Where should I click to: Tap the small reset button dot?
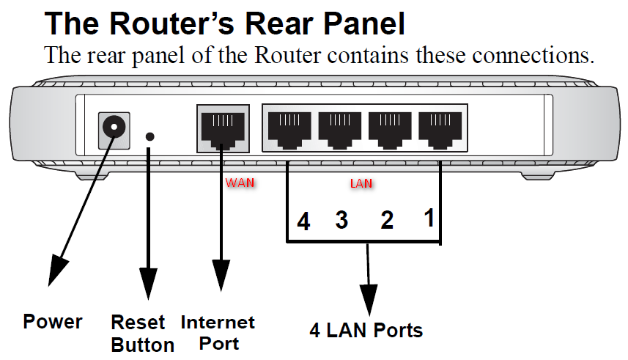pos(150,136)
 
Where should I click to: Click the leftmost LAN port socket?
pos(287,128)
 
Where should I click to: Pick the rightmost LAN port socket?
pos(438,128)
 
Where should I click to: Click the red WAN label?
pos(240,182)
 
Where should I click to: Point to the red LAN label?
pos(361,184)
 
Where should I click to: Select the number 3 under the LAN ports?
pos(341,219)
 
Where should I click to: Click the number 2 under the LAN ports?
pos(387,219)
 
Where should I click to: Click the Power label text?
pos(53,321)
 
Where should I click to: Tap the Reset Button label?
pos(142,334)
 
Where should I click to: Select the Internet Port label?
pos(218,332)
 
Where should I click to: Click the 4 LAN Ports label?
pos(366,330)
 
